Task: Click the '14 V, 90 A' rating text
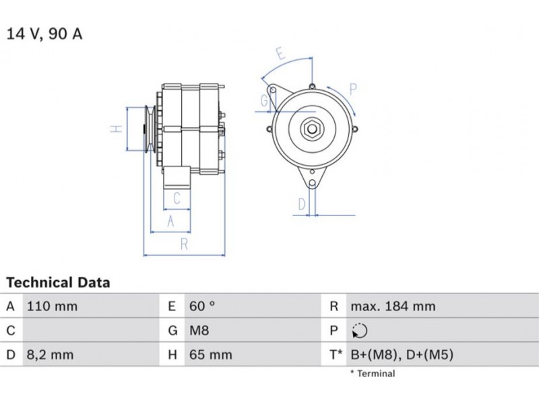point(44,34)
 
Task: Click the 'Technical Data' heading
point(58,282)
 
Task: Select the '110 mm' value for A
point(53,306)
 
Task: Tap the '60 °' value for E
point(202,306)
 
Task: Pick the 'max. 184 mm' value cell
point(393,306)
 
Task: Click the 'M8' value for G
point(199,331)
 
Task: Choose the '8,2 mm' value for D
point(50,355)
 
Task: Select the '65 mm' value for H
point(211,355)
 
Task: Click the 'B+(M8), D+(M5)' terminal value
point(402,355)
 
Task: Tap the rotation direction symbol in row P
point(360,331)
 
